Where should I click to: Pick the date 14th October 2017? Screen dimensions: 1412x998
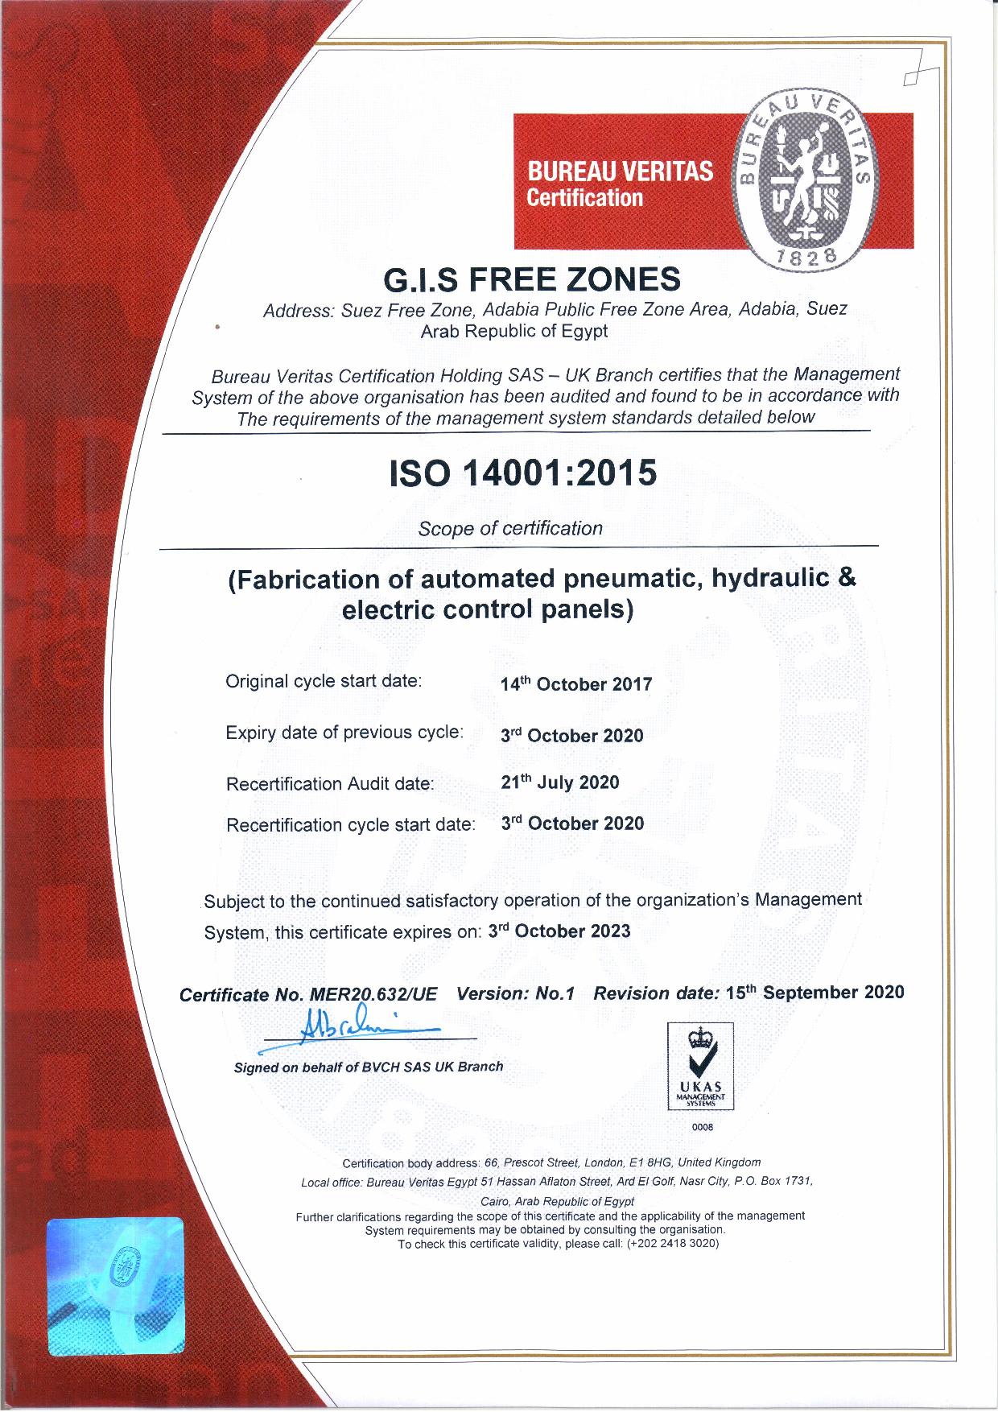pyautogui.click(x=576, y=685)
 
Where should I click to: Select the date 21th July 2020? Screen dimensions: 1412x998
pyautogui.click(x=560, y=782)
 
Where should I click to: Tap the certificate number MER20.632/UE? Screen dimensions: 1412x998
pyautogui.click(x=373, y=994)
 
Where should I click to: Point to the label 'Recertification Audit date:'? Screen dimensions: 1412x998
pyautogui.click(x=330, y=783)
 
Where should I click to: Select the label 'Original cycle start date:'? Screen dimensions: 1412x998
pyautogui.click(x=324, y=681)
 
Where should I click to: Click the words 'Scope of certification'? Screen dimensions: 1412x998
pyautogui.click(x=510, y=529)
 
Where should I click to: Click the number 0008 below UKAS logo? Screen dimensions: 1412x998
pyautogui.click(x=702, y=1128)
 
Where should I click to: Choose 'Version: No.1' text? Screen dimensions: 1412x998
pyautogui.click(x=515, y=993)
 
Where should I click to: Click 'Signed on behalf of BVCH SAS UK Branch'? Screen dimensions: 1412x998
pyautogui.click(x=369, y=1067)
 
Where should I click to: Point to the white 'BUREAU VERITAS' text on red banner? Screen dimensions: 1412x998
pyautogui.click(x=619, y=171)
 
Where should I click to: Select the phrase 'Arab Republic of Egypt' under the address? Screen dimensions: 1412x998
pyautogui.click(x=515, y=331)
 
